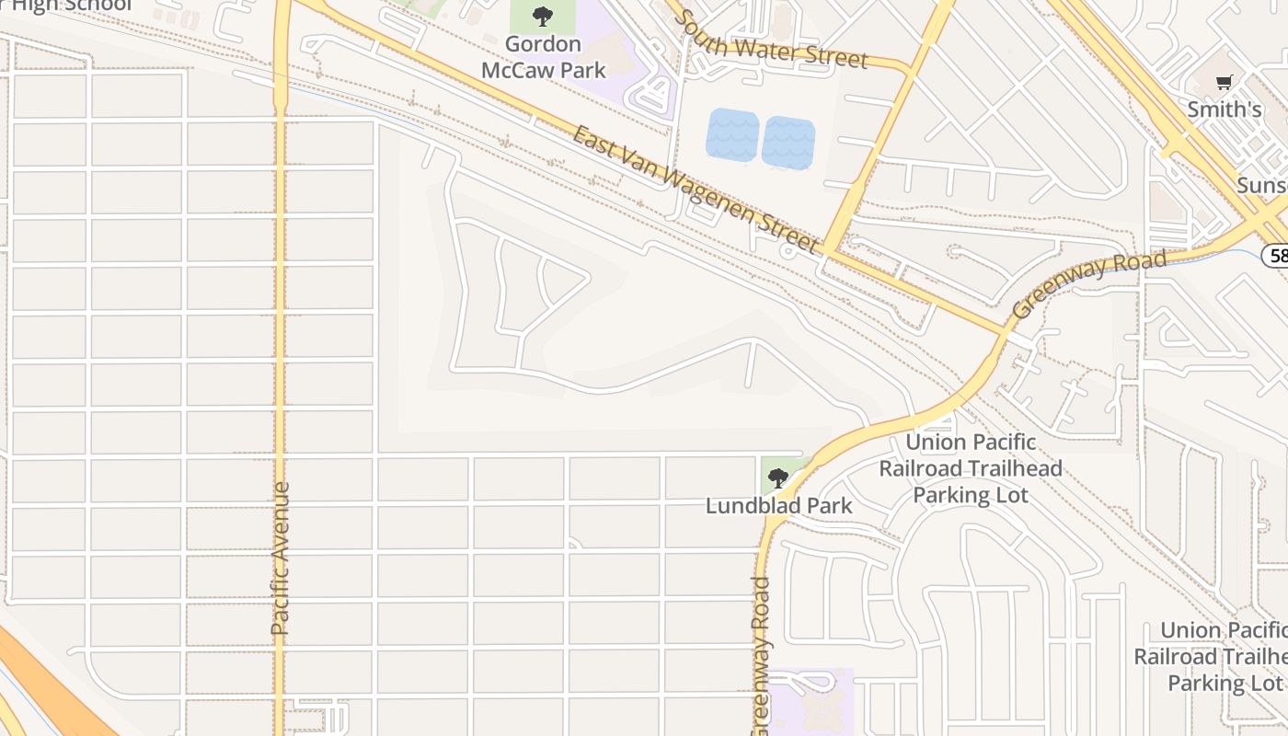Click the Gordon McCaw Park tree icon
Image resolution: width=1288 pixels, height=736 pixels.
tap(543, 16)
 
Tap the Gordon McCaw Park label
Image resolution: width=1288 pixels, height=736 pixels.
tap(544, 57)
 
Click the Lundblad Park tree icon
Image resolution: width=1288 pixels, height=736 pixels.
tap(778, 477)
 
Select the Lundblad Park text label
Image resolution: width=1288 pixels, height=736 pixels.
tap(779, 505)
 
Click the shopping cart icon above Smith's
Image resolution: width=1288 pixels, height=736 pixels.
tap(1224, 83)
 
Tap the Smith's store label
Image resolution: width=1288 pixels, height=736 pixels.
tap(1225, 109)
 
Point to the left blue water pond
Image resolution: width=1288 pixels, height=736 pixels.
tap(732, 135)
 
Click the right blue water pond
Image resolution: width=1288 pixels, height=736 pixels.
tap(788, 143)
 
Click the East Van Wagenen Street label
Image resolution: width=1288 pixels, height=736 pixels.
tap(695, 190)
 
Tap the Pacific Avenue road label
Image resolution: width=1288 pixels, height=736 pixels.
tap(281, 558)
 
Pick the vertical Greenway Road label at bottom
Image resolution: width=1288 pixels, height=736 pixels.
tap(760, 655)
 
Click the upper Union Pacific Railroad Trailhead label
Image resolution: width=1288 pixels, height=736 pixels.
tap(971, 468)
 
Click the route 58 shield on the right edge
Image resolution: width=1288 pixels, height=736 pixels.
tap(1276, 255)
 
